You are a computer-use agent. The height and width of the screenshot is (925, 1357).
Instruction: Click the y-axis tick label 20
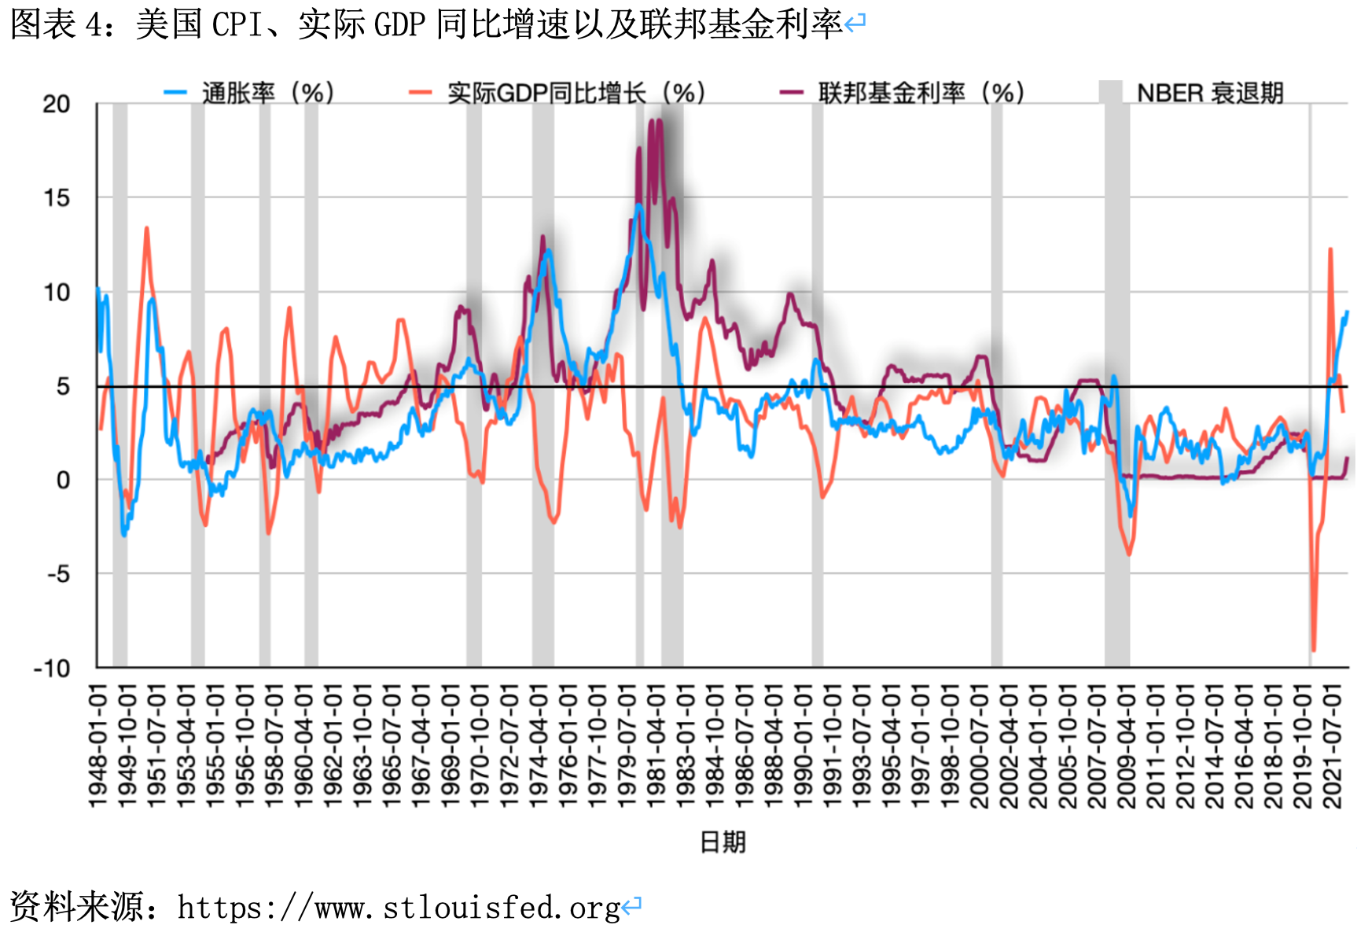(57, 104)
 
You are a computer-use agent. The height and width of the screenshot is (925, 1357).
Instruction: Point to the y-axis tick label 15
(57, 198)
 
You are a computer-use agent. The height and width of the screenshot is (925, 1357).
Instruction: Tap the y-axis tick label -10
(52, 669)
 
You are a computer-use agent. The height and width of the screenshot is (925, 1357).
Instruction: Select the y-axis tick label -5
(58, 574)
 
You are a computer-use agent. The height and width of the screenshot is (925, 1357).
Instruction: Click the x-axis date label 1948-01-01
(97, 746)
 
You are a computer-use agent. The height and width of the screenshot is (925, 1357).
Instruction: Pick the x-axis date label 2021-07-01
(1332, 746)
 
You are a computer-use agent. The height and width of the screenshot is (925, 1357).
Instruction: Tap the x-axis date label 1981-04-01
(656, 746)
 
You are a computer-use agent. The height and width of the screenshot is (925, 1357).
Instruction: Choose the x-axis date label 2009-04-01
(1126, 746)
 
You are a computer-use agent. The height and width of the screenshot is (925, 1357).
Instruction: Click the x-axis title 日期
(723, 842)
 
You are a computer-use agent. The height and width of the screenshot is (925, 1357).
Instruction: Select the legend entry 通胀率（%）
(267, 93)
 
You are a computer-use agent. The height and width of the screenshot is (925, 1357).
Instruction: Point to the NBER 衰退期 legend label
(1210, 93)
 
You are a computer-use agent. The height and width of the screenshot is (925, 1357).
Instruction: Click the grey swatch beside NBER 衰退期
(1110, 92)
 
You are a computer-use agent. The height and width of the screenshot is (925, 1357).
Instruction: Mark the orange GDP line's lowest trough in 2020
(1313, 650)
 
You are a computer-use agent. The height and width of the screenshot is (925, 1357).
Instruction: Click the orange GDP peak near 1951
(146, 229)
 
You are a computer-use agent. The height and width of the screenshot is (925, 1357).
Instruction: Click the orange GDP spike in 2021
(1330, 250)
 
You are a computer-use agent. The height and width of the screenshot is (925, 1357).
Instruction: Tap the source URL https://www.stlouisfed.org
(399, 908)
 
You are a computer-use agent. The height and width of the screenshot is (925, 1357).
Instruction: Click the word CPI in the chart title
(237, 25)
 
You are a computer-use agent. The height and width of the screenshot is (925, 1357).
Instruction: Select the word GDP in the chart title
(399, 25)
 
